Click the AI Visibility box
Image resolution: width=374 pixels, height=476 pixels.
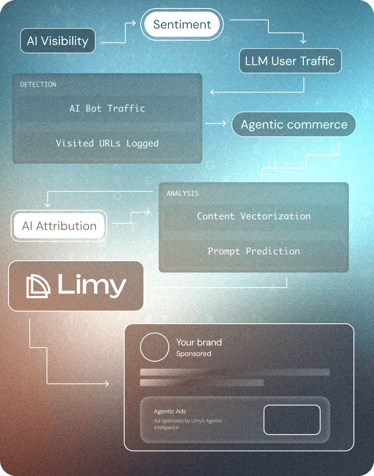tap(58, 41)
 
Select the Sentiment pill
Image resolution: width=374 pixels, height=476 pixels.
tap(182, 24)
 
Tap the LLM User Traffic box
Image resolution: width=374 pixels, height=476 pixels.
tap(290, 61)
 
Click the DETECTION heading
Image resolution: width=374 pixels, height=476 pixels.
tap(38, 84)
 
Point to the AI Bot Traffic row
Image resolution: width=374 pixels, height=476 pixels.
tap(107, 109)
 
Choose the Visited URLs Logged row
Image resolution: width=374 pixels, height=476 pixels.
tap(107, 143)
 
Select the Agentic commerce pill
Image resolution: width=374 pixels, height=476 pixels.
tap(294, 125)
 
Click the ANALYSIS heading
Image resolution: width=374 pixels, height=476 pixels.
tap(182, 194)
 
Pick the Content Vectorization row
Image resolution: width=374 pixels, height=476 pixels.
tap(253, 216)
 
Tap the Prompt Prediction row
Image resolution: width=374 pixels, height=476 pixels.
tap(253, 251)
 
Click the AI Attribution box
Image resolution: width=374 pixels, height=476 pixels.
tap(59, 226)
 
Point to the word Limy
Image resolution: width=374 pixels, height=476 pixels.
tap(92, 286)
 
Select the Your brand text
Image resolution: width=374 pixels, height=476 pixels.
tap(199, 342)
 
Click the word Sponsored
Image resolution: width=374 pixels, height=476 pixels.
tap(193, 354)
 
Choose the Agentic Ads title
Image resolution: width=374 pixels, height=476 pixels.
tap(170, 411)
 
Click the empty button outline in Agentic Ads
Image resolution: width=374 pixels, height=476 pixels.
tap(292, 420)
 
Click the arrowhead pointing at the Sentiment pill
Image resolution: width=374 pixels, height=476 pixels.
tap(133, 23)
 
